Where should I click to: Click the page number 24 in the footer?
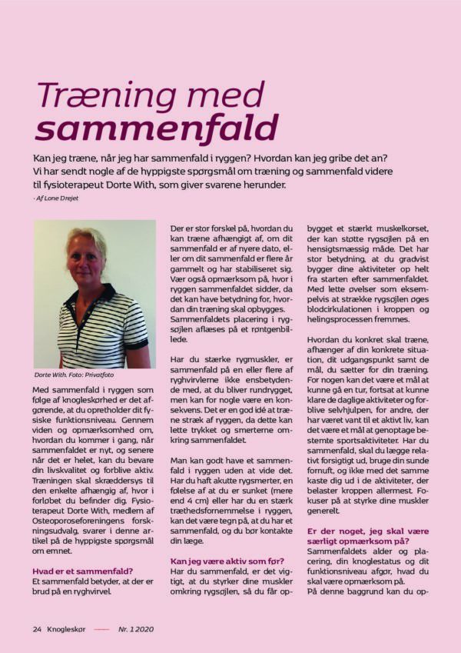point(37,628)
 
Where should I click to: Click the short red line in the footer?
point(101,628)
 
